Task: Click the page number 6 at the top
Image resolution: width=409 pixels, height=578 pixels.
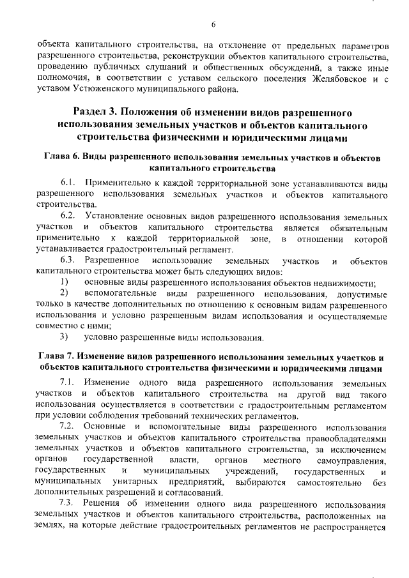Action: (x=214, y=25)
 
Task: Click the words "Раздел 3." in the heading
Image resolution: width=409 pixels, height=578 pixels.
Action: (x=98, y=111)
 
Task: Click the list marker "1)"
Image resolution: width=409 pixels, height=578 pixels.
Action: (x=64, y=282)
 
